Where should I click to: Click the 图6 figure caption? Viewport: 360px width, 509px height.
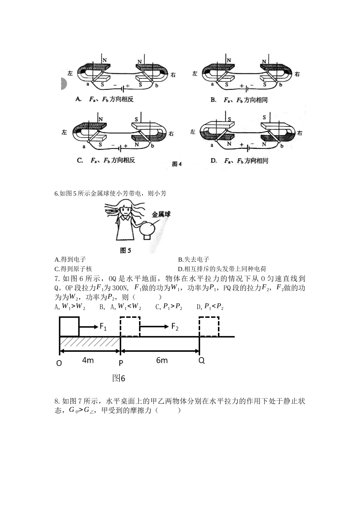(119, 378)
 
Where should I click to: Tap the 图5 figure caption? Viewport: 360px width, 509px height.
(125, 250)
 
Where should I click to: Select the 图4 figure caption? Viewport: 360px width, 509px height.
(177, 164)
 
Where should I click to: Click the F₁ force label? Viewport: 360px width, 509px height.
(103, 327)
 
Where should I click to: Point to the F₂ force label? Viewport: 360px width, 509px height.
(175, 327)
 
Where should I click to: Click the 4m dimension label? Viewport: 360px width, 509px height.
(88, 360)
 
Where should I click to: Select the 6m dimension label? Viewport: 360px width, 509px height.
(162, 360)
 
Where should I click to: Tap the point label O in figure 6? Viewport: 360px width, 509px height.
(59, 363)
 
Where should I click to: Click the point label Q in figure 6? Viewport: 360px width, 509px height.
(201, 361)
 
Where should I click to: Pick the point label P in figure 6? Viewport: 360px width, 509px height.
(121, 363)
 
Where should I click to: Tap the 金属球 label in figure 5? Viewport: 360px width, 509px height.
(161, 214)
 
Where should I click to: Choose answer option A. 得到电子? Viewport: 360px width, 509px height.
(70, 259)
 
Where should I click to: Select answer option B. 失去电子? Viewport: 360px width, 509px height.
(194, 259)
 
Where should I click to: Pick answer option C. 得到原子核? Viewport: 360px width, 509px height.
(74, 269)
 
